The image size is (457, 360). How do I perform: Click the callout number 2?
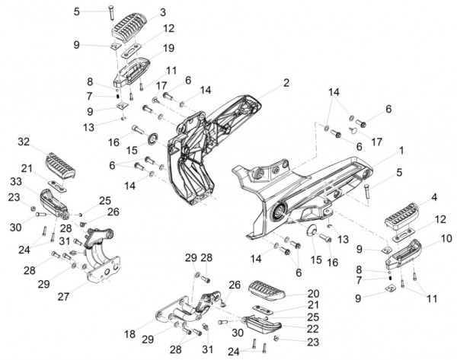tap(286, 83)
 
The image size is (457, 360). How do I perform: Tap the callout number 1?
tap(401, 151)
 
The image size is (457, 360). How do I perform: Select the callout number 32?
tap(24, 142)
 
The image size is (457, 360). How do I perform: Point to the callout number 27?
tap(63, 297)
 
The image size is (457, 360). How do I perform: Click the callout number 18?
tap(129, 334)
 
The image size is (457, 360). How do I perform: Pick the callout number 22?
tap(313, 329)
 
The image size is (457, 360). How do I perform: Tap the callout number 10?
tap(446, 238)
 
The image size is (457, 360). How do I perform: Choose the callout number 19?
tap(168, 48)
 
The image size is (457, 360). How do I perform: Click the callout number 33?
tap(16, 181)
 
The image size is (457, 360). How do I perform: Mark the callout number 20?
tap(313, 293)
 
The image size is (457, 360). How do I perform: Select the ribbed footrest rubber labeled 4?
tap(401, 215)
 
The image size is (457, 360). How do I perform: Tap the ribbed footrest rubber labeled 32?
tap(61, 165)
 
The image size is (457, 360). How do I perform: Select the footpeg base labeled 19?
tap(131, 72)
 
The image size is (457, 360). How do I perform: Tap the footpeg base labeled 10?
tap(404, 254)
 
